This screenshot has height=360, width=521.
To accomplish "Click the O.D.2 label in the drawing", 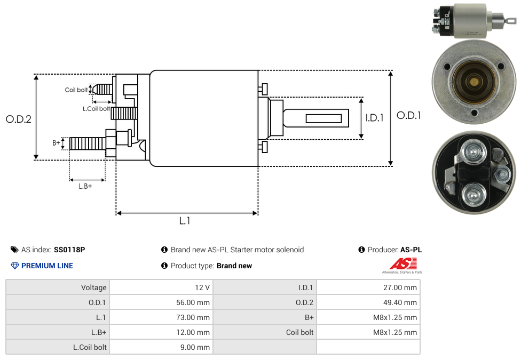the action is coord(19,119).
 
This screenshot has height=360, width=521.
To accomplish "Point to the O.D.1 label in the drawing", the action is coord(409,116).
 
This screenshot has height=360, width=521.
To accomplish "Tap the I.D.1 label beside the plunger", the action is coord(375,118).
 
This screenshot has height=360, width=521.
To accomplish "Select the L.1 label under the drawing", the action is coord(185,221).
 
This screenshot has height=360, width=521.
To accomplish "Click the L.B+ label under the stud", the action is coord(85,186).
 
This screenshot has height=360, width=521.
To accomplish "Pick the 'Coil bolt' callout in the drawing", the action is coord(76,90).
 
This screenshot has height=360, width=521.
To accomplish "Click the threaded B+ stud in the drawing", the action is coord(88,144).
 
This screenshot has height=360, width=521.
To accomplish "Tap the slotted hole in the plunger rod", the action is coord(323,118).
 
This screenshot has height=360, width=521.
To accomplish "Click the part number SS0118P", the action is coord(69,250).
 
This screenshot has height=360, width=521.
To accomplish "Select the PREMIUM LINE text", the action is coord(47,266).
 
